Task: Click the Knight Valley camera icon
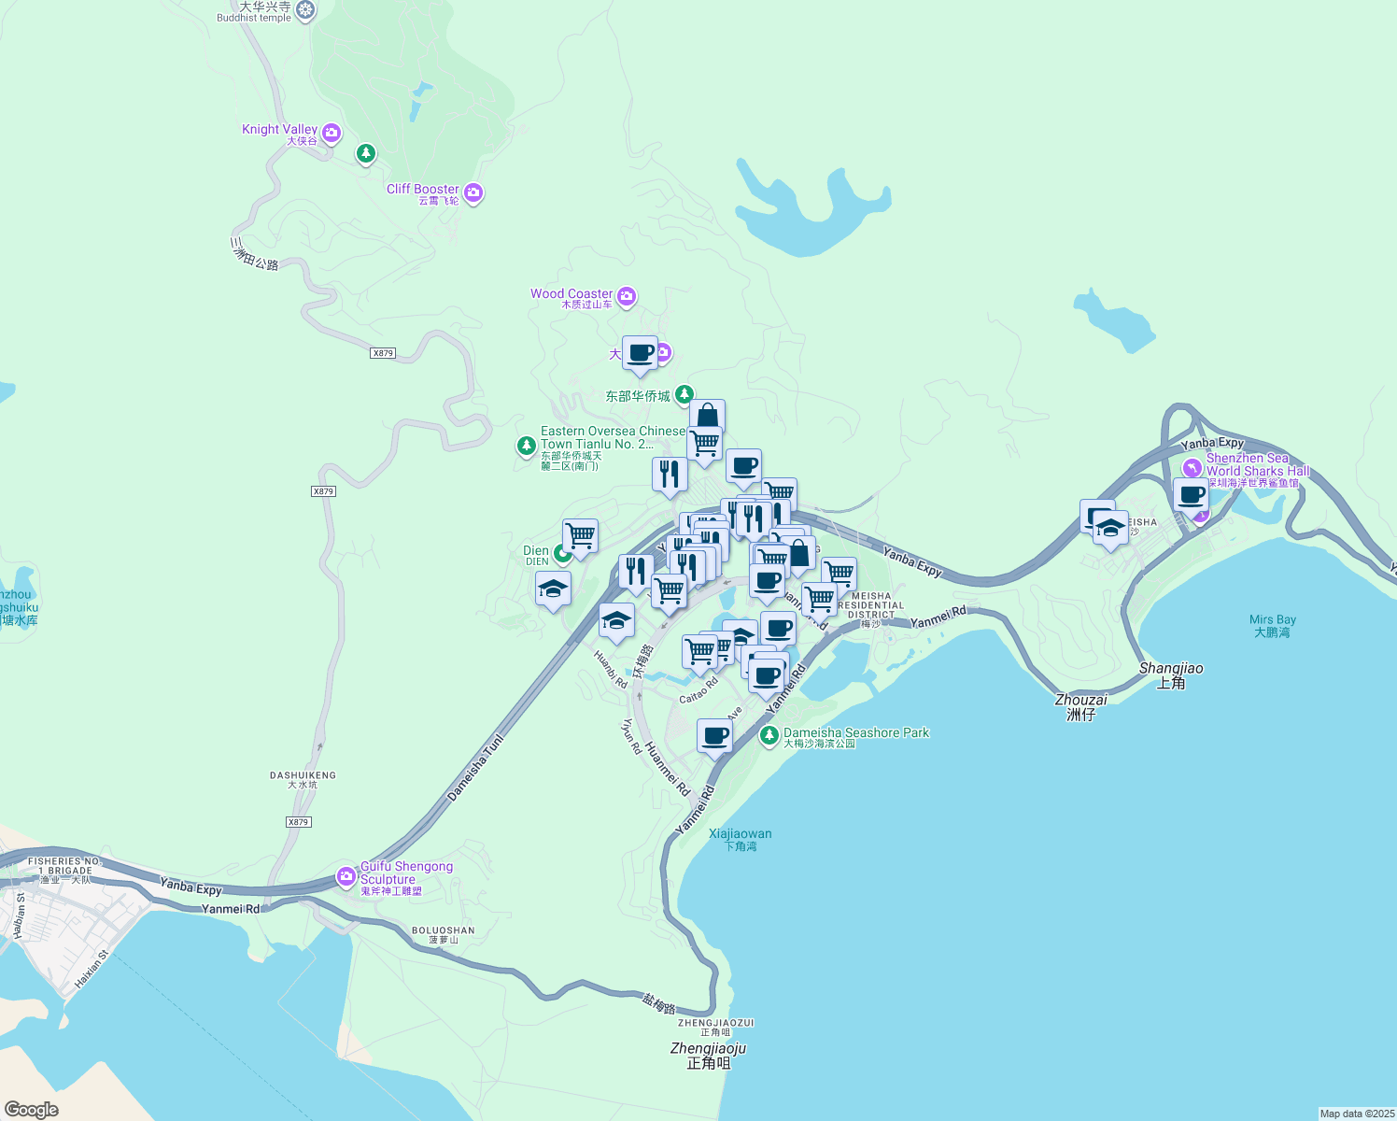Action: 332,135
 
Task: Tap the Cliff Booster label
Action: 423,190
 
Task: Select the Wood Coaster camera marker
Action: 627,297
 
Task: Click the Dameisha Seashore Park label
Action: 855,733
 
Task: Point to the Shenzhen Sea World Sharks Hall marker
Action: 1192,468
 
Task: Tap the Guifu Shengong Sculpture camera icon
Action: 346,876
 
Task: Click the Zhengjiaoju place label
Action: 708,1049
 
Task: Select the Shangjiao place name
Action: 1171,669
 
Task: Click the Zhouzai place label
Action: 1080,700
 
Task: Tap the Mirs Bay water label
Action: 1272,620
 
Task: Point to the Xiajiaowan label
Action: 740,834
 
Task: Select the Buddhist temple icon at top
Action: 305,11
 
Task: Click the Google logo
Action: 32,1109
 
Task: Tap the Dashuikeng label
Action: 303,775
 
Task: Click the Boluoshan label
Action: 443,930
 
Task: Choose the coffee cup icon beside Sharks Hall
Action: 1191,494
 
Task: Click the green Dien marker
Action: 562,554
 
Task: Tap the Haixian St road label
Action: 92,970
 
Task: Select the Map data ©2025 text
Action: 1356,1114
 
